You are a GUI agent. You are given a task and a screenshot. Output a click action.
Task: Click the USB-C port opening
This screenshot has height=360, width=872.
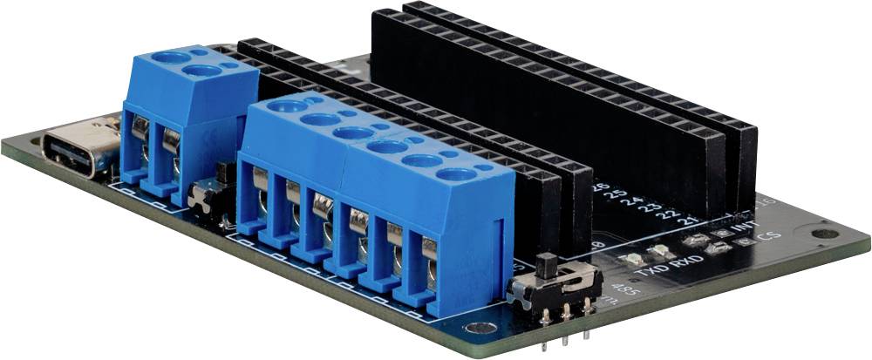77,151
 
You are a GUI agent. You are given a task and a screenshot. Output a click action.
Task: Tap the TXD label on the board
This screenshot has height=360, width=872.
647,270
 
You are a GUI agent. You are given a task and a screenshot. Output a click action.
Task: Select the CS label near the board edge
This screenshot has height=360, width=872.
768,236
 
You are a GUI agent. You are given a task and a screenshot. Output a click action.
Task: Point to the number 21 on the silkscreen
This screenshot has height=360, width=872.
692,221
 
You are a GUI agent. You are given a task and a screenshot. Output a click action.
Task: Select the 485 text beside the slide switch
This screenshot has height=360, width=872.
623,290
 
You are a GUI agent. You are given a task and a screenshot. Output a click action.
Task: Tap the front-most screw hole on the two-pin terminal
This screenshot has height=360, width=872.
201,70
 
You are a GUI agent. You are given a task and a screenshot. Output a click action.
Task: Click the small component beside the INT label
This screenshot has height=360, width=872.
721,233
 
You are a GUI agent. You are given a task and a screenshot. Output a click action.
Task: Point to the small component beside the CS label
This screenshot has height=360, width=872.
743,242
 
